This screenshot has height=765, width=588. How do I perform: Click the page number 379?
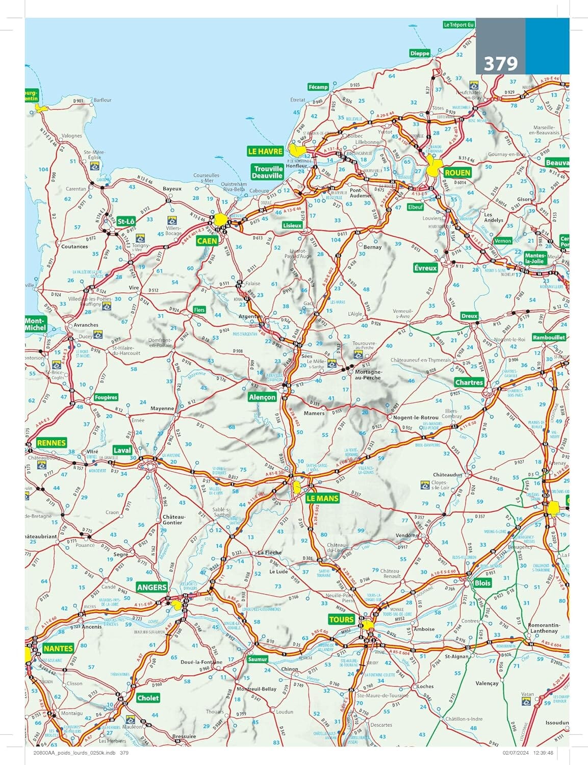(x=500, y=64)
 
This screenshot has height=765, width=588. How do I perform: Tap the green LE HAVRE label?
(x=265, y=151)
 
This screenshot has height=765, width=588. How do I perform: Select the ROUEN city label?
(x=457, y=173)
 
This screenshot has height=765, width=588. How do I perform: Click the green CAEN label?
(x=207, y=241)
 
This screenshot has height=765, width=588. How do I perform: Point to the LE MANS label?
(x=322, y=498)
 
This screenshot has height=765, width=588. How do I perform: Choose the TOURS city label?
(x=341, y=619)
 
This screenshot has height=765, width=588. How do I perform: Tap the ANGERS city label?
(x=152, y=587)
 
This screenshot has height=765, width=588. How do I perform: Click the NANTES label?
(x=58, y=649)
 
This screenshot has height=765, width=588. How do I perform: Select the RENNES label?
(x=52, y=443)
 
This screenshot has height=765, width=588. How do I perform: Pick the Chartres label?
(x=469, y=382)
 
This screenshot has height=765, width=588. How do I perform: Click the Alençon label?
(x=262, y=397)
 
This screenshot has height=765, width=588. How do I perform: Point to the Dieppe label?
(x=420, y=53)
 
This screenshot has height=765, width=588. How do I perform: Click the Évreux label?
(x=426, y=268)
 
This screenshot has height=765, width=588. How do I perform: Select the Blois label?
(x=482, y=583)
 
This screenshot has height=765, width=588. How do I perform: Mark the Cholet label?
(x=148, y=698)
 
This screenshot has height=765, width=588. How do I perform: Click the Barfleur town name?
(x=103, y=100)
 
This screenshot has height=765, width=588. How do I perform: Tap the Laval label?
(x=122, y=450)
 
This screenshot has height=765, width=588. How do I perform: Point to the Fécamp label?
(x=318, y=87)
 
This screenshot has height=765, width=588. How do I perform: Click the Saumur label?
(x=258, y=659)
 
